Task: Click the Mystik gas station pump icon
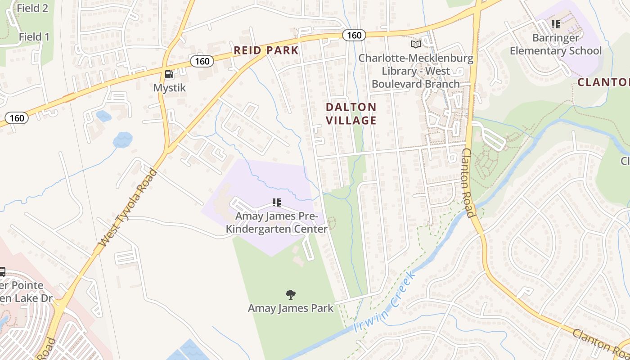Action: coord(169,74)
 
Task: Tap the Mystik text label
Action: coord(170,88)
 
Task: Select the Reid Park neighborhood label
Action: coord(266,50)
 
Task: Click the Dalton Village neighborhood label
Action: coord(351,113)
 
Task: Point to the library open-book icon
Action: coord(416,45)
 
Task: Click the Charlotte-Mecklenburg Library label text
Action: coord(416,71)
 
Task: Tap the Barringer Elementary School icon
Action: coord(556,24)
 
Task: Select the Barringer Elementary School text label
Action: coord(555,44)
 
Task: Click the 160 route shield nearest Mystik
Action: coord(202,61)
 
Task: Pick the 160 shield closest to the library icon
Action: coord(354,35)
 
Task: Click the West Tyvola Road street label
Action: coord(128,208)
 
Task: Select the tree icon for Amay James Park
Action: coord(291,295)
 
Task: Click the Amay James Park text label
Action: coord(291,308)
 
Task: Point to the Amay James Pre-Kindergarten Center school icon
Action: coord(277,202)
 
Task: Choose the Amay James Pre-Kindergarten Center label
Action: coord(276,223)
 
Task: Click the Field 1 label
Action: coord(34,37)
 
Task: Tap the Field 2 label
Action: coord(32,8)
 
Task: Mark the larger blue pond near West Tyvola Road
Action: coord(122,140)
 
